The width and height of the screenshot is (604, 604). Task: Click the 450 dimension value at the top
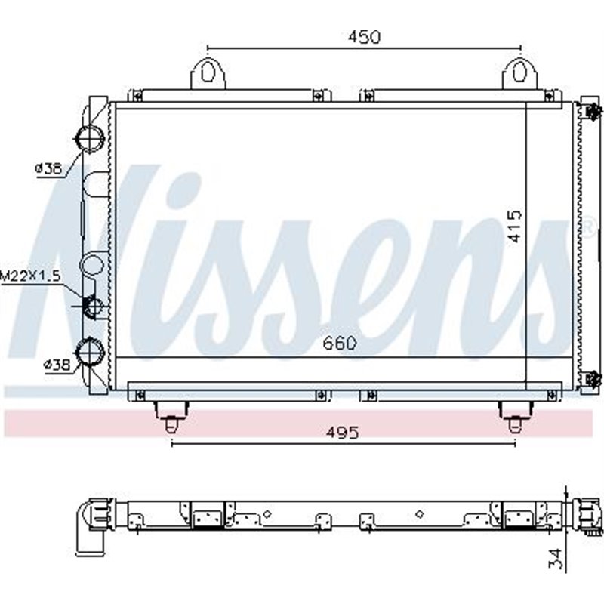364,37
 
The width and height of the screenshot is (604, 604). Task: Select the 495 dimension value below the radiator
343,433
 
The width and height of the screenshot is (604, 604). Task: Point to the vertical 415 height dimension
514,226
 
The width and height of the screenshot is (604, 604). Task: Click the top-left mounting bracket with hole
208,73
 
